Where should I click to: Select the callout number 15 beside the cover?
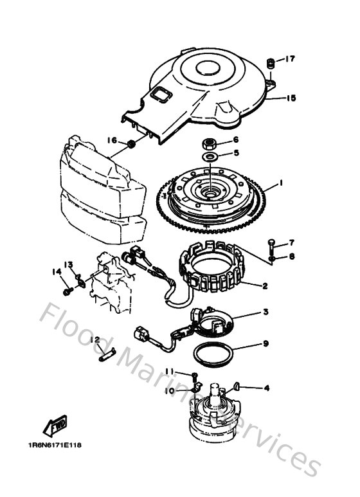[291, 98]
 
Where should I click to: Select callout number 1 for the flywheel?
[281, 184]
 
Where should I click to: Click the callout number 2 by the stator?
[264, 285]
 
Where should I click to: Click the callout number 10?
[170, 390]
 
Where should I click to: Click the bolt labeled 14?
[67, 291]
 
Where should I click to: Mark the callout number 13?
[69, 264]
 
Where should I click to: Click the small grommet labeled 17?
[271, 63]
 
